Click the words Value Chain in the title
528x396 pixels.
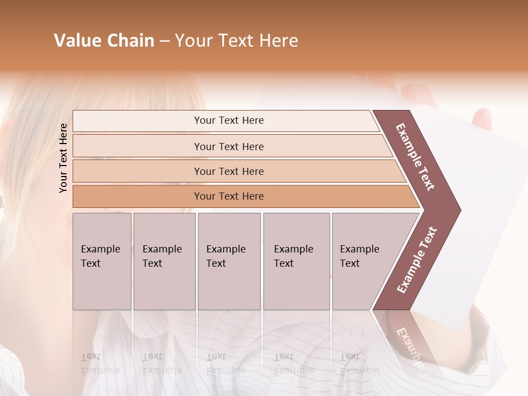point(104,41)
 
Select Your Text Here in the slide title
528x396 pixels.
point(237,41)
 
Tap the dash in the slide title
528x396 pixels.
point(164,41)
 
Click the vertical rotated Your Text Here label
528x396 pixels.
point(63,158)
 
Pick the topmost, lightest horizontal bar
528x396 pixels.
point(228,120)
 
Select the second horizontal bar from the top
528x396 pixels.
point(228,146)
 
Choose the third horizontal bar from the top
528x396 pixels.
point(228,171)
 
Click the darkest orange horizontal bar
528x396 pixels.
point(228,196)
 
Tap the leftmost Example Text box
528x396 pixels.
point(102,261)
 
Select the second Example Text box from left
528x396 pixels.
point(164,261)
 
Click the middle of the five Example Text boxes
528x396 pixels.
point(228,261)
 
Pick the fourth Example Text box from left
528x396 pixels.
point(296,261)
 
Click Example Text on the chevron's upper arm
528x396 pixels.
point(415,157)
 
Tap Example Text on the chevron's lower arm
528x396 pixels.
point(417,260)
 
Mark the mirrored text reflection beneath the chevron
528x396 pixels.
point(410,346)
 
